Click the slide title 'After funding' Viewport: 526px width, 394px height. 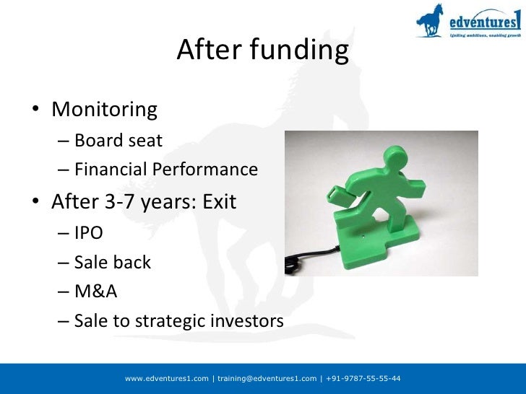262,51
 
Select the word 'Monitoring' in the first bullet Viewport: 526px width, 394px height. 104,110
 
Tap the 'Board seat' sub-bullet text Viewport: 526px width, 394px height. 118,140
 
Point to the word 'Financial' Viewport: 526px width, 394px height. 112,170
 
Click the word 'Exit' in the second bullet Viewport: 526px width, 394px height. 219,201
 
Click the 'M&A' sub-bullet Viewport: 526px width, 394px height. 95,292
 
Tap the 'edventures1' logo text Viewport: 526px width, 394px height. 480,19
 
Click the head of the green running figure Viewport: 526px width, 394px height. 400,155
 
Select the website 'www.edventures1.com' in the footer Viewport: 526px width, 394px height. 167,379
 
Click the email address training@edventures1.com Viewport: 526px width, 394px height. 267,379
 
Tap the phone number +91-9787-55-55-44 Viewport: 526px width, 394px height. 363,379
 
